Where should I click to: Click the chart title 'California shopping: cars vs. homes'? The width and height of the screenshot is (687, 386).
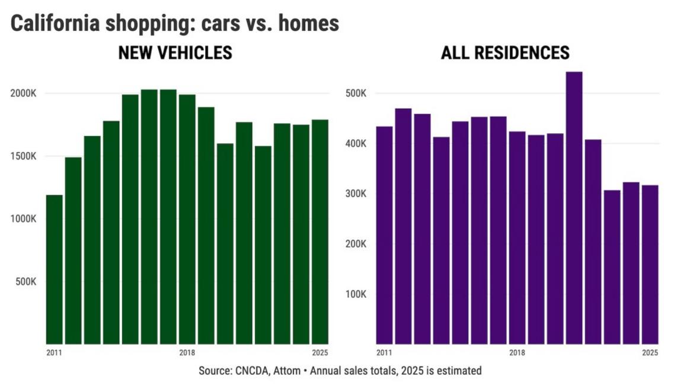[x=175, y=24]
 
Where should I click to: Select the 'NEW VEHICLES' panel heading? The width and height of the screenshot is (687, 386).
[x=175, y=53]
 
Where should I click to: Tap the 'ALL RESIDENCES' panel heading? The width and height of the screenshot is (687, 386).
[x=505, y=53]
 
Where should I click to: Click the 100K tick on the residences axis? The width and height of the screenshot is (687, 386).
[x=356, y=294]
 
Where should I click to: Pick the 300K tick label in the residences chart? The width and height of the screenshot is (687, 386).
[x=356, y=194]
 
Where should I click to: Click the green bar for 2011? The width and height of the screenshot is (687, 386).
[x=54, y=269]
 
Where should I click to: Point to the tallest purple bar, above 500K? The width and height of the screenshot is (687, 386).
[x=574, y=207]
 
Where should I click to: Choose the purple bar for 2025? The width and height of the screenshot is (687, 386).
[x=650, y=264]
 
